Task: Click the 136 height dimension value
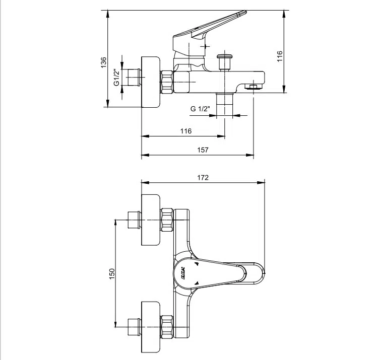103,62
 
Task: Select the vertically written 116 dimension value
280,56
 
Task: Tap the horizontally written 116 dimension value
186,131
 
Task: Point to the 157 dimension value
203,150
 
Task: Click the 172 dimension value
203,177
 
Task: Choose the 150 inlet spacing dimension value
112,273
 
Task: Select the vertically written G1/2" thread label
116,78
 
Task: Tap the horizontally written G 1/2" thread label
200,109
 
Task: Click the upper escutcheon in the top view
151,220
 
